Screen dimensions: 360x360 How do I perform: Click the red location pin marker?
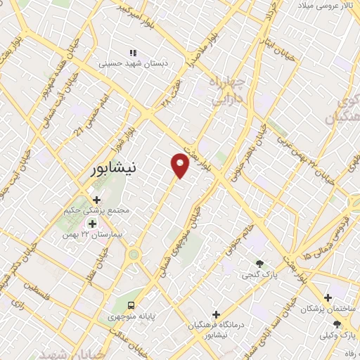(x=181, y=165)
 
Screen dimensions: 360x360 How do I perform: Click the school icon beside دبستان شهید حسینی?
(x=132, y=53)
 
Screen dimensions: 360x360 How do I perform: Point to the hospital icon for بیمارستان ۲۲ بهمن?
(x=92, y=224)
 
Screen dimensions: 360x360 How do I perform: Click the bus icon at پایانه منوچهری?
(x=131, y=304)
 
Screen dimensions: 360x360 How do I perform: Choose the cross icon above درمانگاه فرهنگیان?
(x=216, y=314)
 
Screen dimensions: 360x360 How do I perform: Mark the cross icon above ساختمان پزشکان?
(x=328, y=298)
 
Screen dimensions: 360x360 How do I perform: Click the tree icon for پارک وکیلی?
(x=337, y=323)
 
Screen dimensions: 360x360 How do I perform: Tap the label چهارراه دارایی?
(x=226, y=92)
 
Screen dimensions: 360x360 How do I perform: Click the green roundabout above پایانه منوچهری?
(x=133, y=255)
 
